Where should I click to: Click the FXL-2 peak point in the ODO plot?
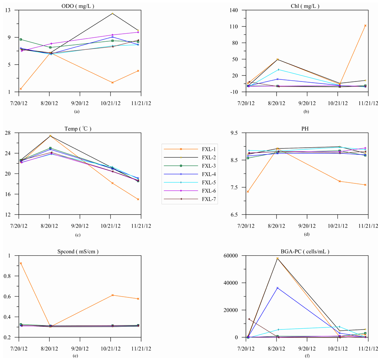(x=112, y=14)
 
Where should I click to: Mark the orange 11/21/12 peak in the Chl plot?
(x=365, y=26)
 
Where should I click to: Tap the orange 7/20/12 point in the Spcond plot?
(x=21, y=263)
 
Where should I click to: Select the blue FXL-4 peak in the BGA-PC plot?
(x=277, y=288)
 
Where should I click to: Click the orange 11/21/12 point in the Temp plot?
(x=138, y=199)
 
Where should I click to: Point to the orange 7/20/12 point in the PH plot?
(x=248, y=192)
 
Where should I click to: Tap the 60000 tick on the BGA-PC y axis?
(x=232, y=256)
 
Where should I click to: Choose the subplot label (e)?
(x=75, y=356)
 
